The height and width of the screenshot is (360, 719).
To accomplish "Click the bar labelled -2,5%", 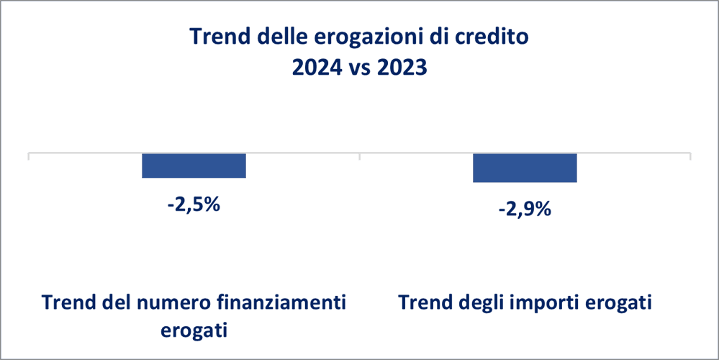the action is click(194, 166).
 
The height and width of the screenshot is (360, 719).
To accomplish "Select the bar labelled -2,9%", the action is click(525, 168).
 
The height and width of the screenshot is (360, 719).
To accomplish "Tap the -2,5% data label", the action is click(194, 204).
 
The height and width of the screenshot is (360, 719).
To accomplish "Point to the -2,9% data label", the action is click(525, 210).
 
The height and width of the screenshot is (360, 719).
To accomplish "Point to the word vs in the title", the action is click(359, 70).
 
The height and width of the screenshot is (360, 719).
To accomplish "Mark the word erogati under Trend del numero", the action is click(194, 331).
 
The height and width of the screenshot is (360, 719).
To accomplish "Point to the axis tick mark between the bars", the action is click(360, 157).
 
